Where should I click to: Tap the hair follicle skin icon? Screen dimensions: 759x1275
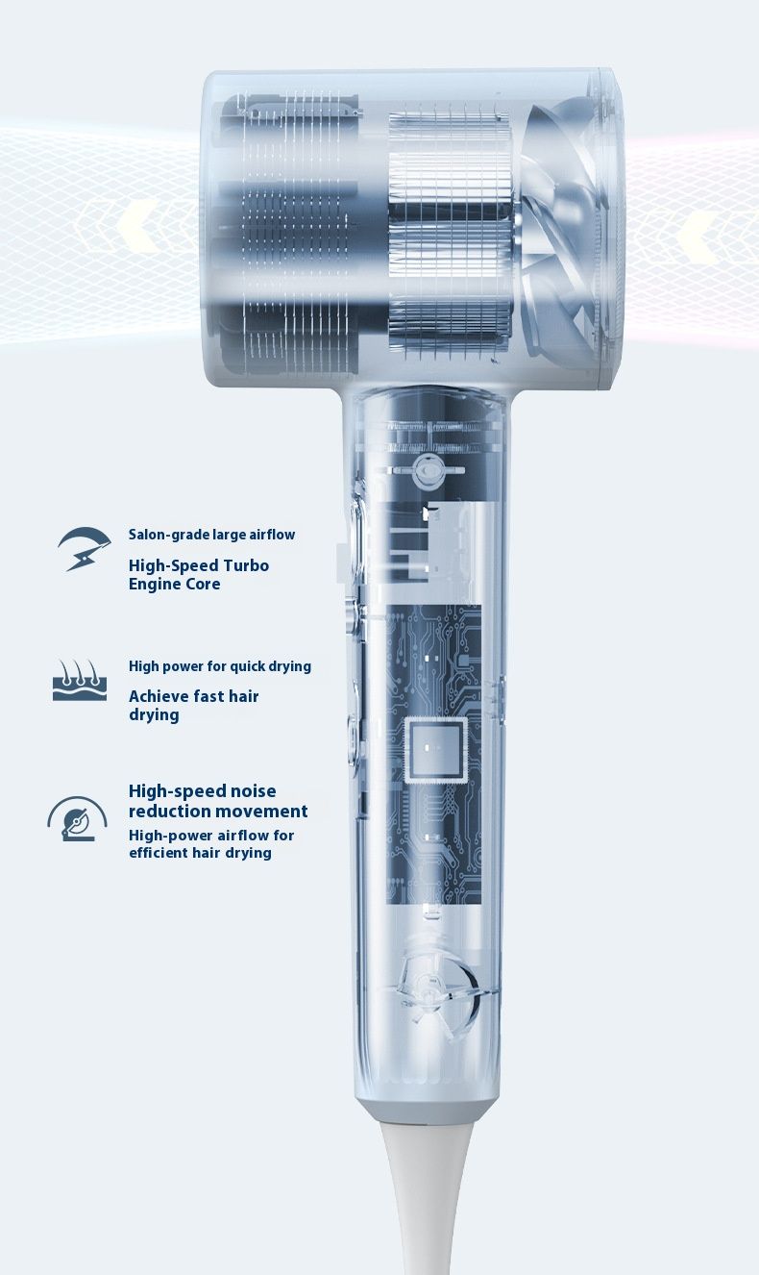point(80,680)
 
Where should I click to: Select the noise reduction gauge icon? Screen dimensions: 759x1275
point(77,818)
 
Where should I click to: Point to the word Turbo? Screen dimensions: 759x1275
point(246,565)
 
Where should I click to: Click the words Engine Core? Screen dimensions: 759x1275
point(174,584)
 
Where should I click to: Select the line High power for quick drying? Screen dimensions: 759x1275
point(219,666)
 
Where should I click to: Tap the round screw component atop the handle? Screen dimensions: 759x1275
point(427,471)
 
